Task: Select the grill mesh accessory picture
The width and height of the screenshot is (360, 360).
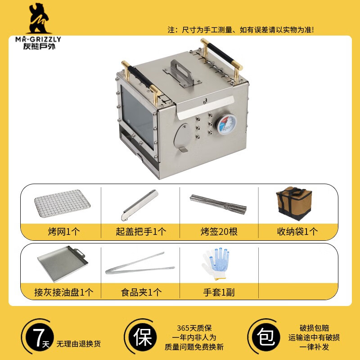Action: pyautogui.click(x=62, y=203)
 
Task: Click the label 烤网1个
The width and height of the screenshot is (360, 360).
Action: pyautogui.click(x=63, y=232)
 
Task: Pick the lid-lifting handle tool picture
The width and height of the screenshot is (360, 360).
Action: pyautogui.click(x=140, y=203)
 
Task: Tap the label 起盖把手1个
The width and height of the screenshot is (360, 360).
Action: pyautogui.click(x=140, y=232)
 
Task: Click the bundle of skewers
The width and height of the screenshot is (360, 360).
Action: pyautogui.click(x=219, y=204)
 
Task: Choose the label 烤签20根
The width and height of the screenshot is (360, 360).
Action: pyautogui.click(x=219, y=232)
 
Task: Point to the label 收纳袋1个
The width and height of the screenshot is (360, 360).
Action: pyautogui.click(x=297, y=232)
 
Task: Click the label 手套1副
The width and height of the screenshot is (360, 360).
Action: pyautogui.click(x=219, y=292)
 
